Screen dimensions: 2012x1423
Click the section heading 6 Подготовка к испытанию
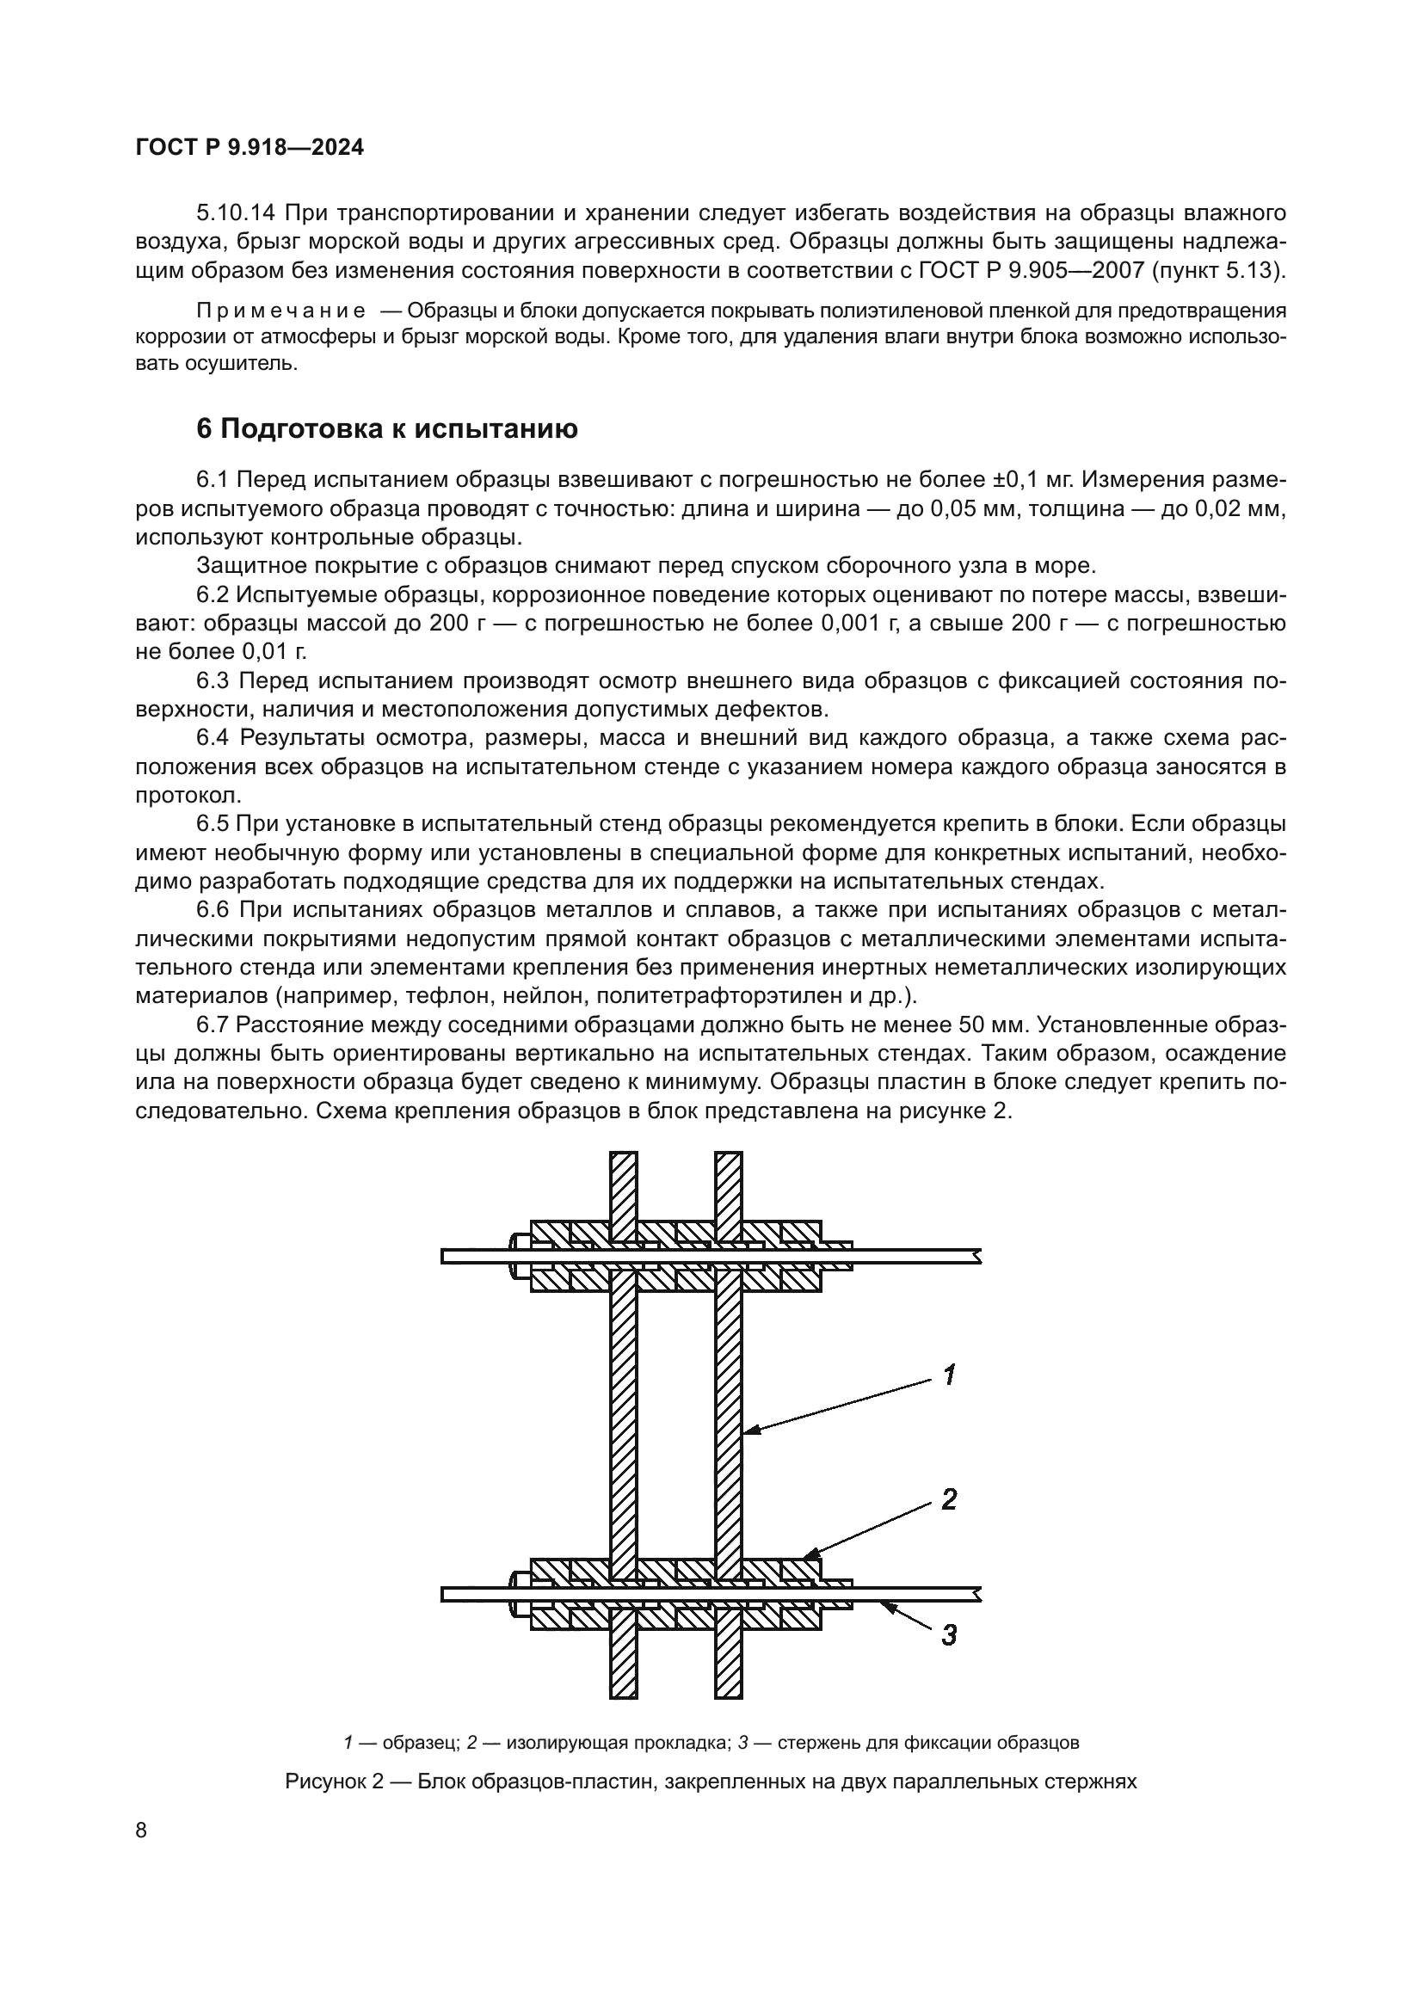click(x=386, y=428)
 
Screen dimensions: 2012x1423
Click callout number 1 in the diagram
click(x=949, y=1375)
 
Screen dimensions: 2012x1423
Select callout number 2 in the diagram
click(x=948, y=1499)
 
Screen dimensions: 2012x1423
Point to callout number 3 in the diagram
click(x=948, y=1634)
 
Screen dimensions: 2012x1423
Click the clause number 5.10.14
click(x=236, y=213)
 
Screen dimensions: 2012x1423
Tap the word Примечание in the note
click(x=281, y=311)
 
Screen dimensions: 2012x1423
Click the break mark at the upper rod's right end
click(x=976, y=1257)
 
